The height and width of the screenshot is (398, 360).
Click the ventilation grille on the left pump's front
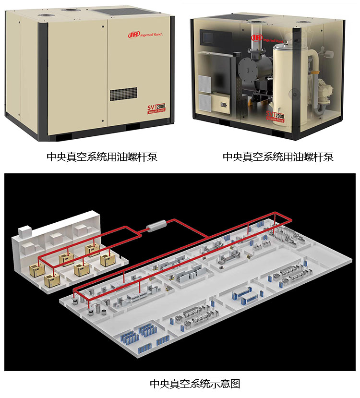point(123,95)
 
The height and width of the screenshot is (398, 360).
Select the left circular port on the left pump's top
point(45,15)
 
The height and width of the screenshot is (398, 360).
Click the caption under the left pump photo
point(101,157)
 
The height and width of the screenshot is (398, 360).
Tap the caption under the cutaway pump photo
point(278,157)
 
